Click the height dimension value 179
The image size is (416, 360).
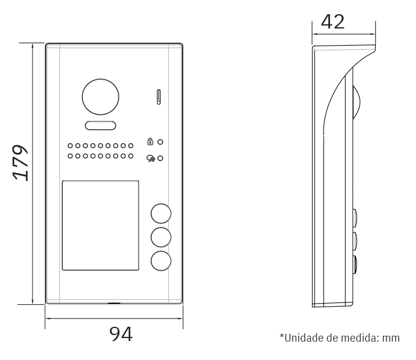(x=21, y=162)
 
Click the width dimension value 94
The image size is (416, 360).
(x=121, y=334)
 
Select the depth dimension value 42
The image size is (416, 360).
(x=332, y=22)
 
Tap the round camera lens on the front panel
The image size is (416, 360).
(x=100, y=97)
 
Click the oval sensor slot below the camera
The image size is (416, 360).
(x=100, y=125)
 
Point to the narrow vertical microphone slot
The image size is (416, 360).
(x=159, y=97)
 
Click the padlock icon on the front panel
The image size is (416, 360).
(x=150, y=142)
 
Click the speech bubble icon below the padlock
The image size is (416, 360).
(x=151, y=158)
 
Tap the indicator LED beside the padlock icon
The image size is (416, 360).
(x=161, y=142)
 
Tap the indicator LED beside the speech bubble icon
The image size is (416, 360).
(x=161, y=158)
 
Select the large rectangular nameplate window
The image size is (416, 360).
(x=100, y=225)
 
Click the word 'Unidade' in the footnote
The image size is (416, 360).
(x=304, y=338)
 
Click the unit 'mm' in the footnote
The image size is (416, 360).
(x=391, y=338)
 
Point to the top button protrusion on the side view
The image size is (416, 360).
(x=355, y=218)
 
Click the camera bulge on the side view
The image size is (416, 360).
(x=357, y=103)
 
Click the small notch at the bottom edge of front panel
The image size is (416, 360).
(x=114, y=303)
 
